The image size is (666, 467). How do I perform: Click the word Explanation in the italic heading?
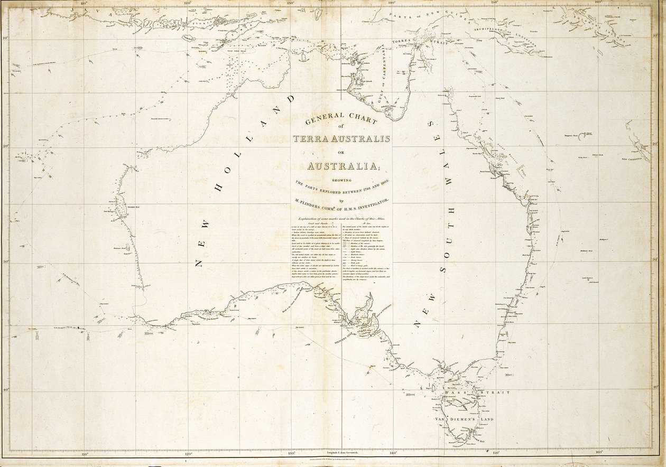point(310,219)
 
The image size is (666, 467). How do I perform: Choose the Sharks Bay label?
point(133,208)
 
